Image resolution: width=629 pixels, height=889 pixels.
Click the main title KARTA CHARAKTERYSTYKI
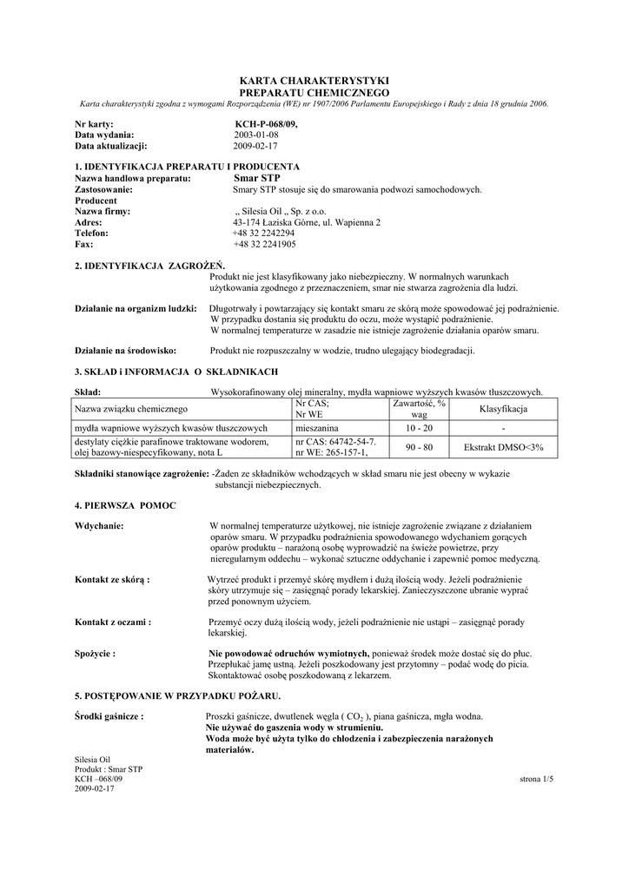[314, 80]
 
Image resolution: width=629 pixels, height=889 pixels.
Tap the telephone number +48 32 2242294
[263, 234]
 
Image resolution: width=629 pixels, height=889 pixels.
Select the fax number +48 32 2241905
[263, 245]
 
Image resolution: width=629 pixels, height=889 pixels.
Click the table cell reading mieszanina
[322, 428]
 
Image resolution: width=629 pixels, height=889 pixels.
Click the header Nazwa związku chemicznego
[131, 409]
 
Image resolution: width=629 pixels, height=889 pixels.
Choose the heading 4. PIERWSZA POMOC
[126, 504]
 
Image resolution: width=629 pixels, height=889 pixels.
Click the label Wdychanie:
[99, 526]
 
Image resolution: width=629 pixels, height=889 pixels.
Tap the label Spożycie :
[96, 653]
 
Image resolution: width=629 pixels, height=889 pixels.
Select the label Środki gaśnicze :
[109, 717]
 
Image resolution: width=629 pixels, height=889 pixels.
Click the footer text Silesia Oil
[92, 760]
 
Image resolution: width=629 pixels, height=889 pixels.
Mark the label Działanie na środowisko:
[126, 350]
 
